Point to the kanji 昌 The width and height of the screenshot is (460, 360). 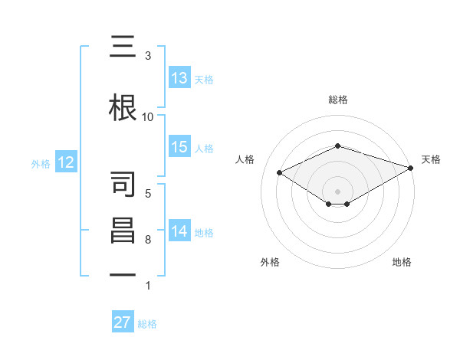123,231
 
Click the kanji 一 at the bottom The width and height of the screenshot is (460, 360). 123,273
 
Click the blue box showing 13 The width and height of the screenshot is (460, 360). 179,78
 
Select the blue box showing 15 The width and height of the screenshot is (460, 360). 179,147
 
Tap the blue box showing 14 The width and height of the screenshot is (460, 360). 179,231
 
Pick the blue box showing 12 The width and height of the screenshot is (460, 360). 66,162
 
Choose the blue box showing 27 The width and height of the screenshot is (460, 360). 123,322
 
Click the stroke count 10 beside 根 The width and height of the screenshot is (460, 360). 148,116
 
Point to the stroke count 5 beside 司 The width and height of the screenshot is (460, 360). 148,193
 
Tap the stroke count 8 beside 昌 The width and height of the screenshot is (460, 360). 148,240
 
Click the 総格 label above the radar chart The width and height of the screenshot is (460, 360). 337,100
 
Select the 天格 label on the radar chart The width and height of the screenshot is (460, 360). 431,159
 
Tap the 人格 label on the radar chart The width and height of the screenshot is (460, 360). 245,159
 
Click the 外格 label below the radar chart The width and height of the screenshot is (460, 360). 270,262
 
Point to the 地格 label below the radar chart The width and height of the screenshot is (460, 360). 402,262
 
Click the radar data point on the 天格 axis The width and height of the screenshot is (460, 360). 412,167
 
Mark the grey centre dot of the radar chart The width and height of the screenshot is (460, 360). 337,191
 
